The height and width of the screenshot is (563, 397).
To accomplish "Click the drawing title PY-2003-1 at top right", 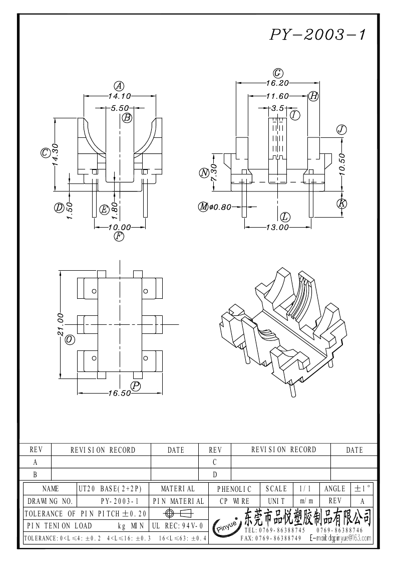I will pos(318,35).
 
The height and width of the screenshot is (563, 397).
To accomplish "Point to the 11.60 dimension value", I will pos(277,96).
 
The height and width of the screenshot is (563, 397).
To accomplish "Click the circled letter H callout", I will pos(313,96).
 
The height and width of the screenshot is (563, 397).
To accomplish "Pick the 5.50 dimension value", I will pos(120,108).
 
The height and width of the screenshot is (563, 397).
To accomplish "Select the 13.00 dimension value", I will pos(277,227).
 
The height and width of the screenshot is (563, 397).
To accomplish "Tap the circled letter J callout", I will pos(342,129).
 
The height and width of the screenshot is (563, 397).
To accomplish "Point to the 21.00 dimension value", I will pos(60,324).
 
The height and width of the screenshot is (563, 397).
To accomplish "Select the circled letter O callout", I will pos(70,340).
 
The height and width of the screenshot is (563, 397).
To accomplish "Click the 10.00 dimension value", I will pos(120,227).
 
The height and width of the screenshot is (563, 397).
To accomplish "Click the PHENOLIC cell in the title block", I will pos(234,488).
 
